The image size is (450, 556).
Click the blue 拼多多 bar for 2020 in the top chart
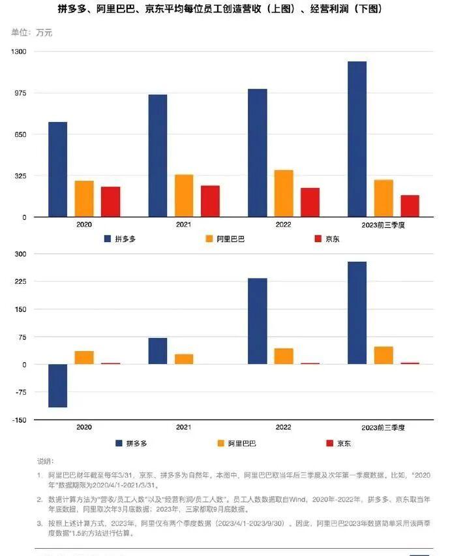tap(57, 170)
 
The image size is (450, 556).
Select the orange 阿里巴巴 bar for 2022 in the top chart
tap(284, 194)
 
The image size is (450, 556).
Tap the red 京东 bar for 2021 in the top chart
tap(210, 201)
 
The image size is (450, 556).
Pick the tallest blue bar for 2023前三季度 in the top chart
tap(357, 139)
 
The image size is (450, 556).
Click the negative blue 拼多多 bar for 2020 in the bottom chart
tap(57, 386)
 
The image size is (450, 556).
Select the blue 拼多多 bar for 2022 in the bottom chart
tap(258, 321)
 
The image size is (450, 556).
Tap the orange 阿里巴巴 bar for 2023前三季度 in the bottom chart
tap(383, 355)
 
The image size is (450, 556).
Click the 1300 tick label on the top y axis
tap(19, 52)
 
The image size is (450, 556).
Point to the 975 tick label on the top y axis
tap(21, 93)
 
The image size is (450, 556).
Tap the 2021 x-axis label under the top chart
tap(184, 224)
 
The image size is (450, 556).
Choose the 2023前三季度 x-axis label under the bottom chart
tap(383, 427)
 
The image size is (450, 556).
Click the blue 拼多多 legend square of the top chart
tap(108, 239)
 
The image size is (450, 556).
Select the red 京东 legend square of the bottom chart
tap(329, 444)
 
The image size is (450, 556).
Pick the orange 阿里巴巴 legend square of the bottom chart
tap(220, 444)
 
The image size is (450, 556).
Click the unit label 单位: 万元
tap(32, 32)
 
